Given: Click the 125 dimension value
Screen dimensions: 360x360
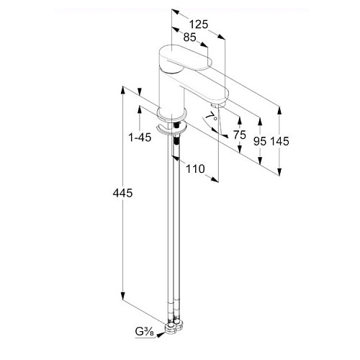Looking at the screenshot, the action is (199, 24).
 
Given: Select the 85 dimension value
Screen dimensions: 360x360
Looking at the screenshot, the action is (189, 37).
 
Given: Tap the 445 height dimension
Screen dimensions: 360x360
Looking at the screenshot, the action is (122, 193).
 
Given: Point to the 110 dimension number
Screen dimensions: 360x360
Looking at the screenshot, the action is (195, 169).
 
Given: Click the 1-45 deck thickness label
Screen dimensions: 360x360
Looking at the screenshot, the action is (140, 138).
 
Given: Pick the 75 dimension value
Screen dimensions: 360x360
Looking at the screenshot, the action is (240, 135).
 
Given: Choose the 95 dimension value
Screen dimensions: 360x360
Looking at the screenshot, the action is (260, 142).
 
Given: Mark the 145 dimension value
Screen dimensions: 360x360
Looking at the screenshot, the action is (280, 142).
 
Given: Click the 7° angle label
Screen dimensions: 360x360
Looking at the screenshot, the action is (212, 117).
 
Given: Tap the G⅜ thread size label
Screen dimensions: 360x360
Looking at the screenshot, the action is (145, 332).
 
